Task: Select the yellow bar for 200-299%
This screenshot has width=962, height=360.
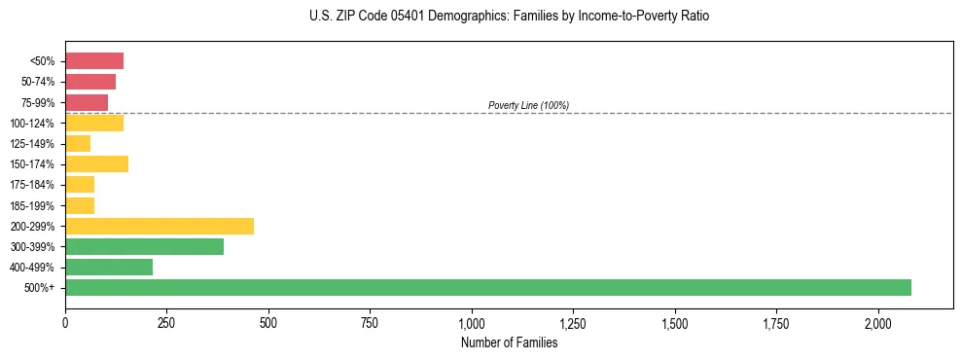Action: pos(160,226)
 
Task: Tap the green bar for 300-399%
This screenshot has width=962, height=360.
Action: pos(144,246)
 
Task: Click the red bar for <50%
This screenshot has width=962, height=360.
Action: pos(94,61)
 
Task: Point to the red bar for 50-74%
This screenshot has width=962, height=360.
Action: pos(90,82)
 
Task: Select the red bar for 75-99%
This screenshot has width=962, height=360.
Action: pos(87,102)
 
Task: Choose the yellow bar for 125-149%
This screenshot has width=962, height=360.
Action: pos(78,143)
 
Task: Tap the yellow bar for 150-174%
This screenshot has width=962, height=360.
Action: pos(96,163)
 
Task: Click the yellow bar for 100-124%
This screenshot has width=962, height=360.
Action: pos(94,123)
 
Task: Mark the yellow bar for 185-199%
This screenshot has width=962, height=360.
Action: pos(80,205)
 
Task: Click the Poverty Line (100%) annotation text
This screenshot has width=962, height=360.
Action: pos(528,105)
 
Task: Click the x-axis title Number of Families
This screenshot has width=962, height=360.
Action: pos(510,342)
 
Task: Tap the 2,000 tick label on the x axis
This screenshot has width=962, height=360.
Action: pos(878,322)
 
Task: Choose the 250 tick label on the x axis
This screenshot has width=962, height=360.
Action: pos(166,322)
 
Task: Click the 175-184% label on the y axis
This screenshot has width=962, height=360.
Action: pos(32,185)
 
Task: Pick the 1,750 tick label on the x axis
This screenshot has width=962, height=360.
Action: pos(776,322)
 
